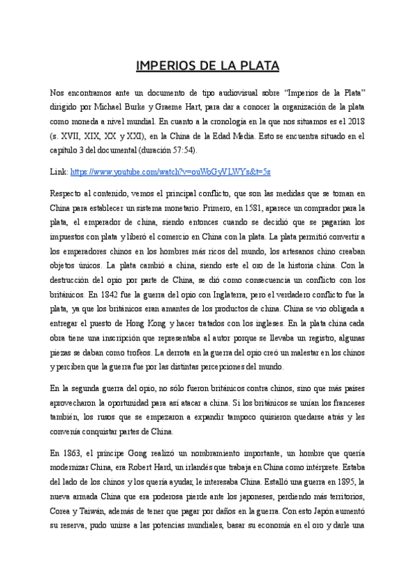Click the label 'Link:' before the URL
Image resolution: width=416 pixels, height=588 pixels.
[60, 171]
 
